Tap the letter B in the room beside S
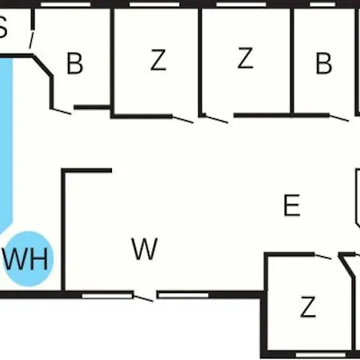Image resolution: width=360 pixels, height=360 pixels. [74, 63]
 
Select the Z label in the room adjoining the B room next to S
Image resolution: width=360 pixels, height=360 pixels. [158, 60]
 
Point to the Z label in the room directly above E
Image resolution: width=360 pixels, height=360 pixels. [245, 58]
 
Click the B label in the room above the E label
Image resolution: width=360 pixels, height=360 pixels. [324, 63]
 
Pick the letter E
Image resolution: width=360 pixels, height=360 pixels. [292, 206]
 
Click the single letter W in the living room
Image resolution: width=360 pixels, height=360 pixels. [145, 249]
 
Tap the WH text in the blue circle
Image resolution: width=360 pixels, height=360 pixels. [26, 259]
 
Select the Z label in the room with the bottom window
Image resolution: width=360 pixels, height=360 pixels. [308, 306]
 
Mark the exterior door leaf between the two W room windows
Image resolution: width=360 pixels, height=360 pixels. [143, 298]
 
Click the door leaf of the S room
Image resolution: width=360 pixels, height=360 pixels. [31, 40]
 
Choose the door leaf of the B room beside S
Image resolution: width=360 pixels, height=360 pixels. [62, 111]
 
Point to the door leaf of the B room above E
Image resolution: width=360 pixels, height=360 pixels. [339, 118]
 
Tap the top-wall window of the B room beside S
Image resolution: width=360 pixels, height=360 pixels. [66, 5]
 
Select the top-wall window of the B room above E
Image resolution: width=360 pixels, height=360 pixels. [322, 5]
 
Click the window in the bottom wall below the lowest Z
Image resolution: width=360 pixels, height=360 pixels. [321, 354]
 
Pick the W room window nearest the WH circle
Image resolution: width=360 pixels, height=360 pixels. [107, 296]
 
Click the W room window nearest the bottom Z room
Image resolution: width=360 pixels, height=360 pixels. [183, 295]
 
